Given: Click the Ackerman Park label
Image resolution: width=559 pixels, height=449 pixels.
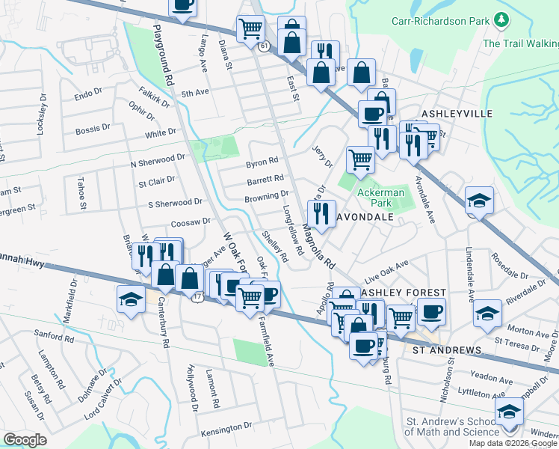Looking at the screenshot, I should click(380, 198).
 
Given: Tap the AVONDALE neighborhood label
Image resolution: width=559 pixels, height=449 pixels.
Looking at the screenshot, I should click(365, 217).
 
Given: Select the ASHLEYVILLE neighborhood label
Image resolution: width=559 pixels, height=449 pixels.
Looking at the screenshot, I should click(458, 113).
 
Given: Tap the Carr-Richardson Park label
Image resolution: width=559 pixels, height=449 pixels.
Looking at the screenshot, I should click(441, 21).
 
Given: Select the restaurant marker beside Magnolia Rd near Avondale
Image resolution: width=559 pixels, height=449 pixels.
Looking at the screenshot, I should click(321, 213).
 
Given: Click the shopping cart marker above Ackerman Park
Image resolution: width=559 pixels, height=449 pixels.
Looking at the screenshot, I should click(360, 159).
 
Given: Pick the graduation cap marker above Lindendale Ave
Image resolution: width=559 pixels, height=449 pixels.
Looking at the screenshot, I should click(479, 200).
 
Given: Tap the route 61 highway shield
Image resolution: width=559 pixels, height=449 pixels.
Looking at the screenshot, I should click(265, 46).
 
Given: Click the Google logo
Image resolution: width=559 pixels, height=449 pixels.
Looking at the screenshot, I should click(25, 439).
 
